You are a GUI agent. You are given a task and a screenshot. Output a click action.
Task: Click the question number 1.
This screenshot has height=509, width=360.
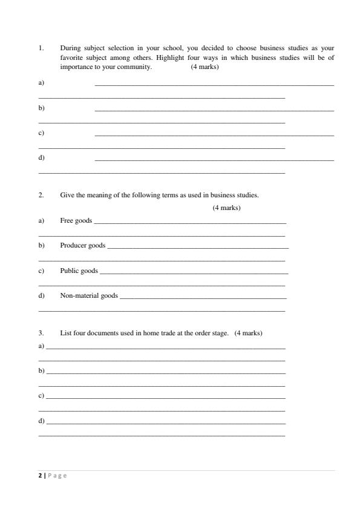pos(41,47)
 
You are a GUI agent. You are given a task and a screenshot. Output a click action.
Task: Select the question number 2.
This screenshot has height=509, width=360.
pos(41,195)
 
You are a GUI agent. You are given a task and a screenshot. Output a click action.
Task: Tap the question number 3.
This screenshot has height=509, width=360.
pos(41,333)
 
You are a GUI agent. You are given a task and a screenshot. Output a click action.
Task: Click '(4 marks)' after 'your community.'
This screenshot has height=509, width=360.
pos(205,67)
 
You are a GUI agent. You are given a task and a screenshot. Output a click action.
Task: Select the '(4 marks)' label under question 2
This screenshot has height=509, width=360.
pos(226,208)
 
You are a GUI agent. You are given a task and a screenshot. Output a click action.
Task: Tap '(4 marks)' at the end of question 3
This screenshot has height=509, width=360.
pos(248,333)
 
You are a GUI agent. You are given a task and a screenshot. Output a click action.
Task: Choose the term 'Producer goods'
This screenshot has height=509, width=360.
pos(82,246)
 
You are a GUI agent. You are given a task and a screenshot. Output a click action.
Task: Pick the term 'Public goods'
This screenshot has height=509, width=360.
pos(79,271)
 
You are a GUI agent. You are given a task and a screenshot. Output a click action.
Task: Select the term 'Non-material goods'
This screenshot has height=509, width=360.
pos(89,296)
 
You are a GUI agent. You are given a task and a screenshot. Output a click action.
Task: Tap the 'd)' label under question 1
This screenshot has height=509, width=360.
pos(41,157)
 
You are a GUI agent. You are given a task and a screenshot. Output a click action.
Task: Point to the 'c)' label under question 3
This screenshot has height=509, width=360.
pos(41,395)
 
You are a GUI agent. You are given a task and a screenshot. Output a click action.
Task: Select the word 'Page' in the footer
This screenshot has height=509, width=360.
pos(57,476)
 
